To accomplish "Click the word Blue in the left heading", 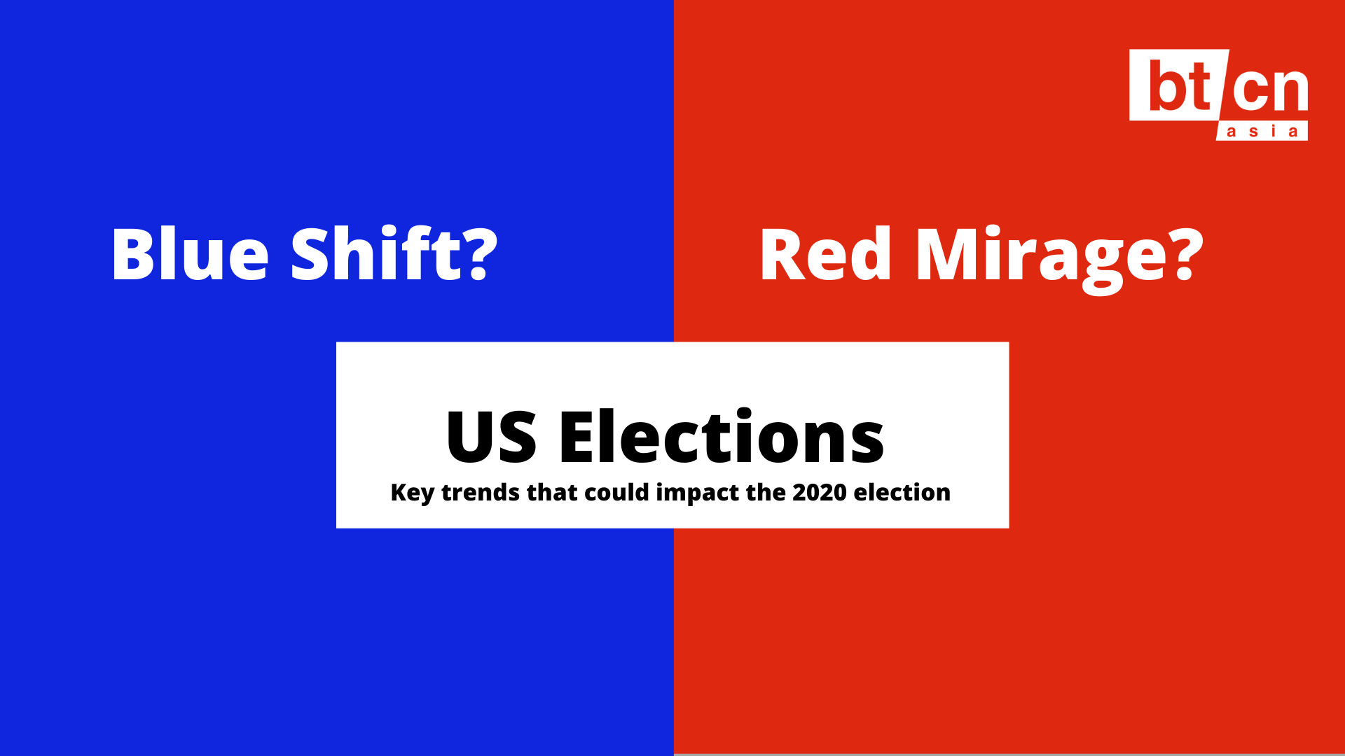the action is click(190, 253).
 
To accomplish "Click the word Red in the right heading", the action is click(825, 253).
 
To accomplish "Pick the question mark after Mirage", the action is click(1188, 254).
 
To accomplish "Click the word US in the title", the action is click(492, 437).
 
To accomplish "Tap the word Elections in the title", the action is click(722, 435).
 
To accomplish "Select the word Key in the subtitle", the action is click(413, 493).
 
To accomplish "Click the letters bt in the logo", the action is click(1180, 85).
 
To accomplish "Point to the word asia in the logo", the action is click(1262, 132).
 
